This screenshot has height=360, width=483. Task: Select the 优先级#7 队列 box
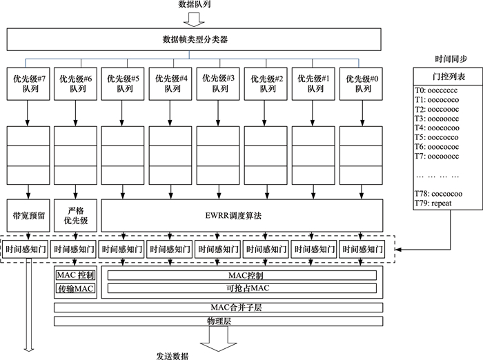(28, 83)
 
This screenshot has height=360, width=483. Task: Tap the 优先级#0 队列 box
(362, 83)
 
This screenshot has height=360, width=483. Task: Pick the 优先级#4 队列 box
(171, 83)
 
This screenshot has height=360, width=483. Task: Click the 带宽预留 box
(28, 215)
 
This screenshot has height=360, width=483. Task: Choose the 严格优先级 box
(75, 215)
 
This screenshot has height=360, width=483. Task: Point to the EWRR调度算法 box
(241, 215)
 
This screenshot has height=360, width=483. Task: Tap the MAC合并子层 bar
(218, 307)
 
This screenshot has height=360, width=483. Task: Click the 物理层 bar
(218, 321)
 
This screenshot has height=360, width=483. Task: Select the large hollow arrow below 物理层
(219, 337)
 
